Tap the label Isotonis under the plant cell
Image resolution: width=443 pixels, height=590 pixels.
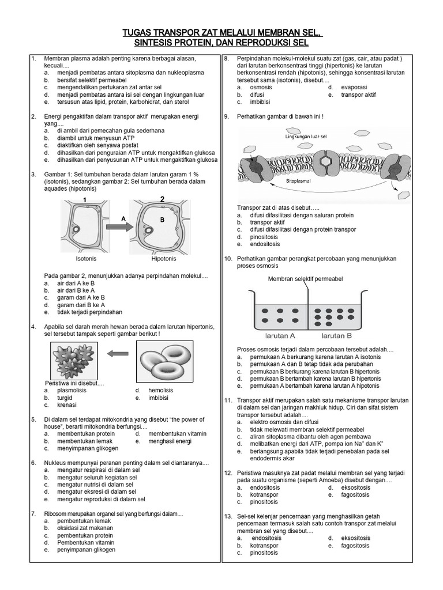click(87, 259)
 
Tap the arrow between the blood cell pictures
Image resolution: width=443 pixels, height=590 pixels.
click(118, 354)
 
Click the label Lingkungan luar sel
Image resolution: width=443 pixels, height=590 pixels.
click(306, 137)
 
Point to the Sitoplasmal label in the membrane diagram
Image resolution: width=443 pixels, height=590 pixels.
click(299, 180)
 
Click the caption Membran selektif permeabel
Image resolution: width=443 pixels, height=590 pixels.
click(305, 279)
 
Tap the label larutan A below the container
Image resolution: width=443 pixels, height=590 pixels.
click(280, 335)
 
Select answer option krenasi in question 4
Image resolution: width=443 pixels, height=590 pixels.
click(68, 406)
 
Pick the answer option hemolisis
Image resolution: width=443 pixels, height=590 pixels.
click(160, 390)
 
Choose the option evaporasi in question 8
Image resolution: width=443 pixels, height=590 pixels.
click(355, 87)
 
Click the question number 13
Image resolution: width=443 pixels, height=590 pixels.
click(228, 516)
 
